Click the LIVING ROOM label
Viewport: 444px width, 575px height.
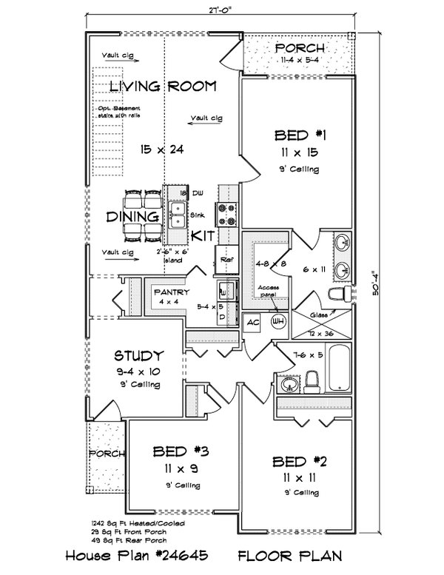(163, 87)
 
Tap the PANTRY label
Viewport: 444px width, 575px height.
(172, 292)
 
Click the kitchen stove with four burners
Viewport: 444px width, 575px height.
(226, 214)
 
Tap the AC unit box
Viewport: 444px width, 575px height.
(252, 322)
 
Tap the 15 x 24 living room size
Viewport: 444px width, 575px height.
(162, 149)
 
